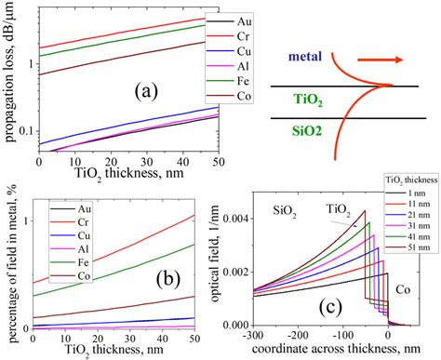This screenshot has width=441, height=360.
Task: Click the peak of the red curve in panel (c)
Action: [364, 211]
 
